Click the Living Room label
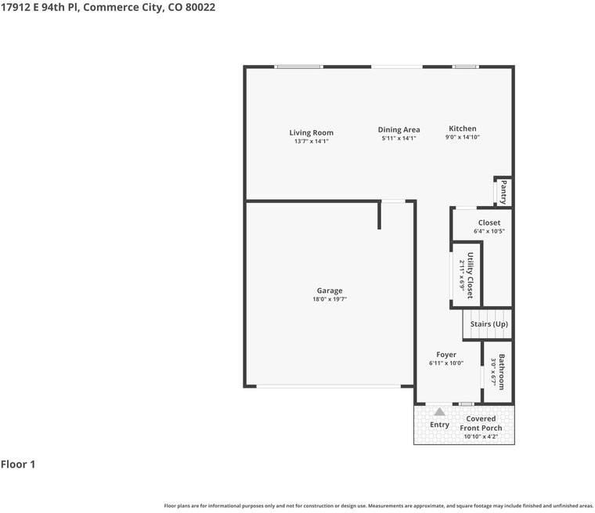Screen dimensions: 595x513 (x=311, y=132)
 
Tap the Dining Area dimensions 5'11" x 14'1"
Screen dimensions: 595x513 (x=398, y=138)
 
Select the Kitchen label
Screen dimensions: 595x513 (x=463, y=128)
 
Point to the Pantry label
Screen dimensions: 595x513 (x=503, y=193)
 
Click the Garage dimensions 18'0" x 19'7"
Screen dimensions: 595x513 (x=330, y=299)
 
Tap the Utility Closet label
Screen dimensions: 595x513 (x=471, y=275)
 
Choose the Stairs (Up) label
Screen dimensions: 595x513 (x=489, y=324)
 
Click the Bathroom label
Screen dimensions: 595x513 (x=502, y=372)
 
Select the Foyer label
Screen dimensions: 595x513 (x=446, y=354)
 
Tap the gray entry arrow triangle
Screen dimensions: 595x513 (x=439, y=412)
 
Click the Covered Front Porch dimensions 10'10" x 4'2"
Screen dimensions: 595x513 (x=481, y=437)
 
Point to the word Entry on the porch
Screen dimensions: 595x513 (x=439, y=424)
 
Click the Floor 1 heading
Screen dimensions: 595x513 (x=18, y=464)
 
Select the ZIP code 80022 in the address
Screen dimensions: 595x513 (x=200, y=7)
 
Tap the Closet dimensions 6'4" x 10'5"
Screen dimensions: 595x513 (x=489, y=231)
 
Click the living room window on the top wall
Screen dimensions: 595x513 (x=299, y=67)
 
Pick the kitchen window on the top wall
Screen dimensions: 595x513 (x=466, y=67)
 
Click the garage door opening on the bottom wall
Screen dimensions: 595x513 (x=329, y=387)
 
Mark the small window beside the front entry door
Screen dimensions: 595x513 (x=467, y=404)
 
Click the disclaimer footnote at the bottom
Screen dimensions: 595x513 (x=379, y=506)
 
